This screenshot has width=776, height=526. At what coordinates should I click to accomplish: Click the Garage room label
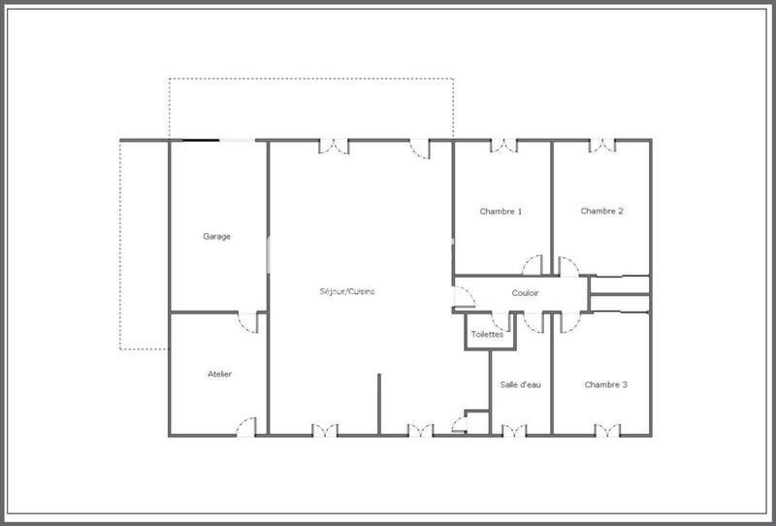coord(216,236)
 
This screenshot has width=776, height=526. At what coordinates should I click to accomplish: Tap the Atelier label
coord(219,374)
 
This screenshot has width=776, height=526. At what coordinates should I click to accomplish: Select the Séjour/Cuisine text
coord(348,291)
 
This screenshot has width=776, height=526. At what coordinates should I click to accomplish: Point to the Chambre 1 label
coord(501,211)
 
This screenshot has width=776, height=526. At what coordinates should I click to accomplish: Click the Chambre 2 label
coord(601,211)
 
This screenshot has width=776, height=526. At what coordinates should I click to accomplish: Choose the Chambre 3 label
coord(605,384)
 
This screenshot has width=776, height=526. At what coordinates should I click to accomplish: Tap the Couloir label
coord(524,292)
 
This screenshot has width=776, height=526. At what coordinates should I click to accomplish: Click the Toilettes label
coord(487,334)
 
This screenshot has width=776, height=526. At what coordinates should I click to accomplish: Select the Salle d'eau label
coord(520,384)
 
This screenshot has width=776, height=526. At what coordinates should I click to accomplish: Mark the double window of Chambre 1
coord(504,146)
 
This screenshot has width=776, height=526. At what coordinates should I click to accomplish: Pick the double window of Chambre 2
coord(602,146)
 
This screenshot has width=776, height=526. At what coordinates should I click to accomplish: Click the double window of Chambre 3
coord(607,429)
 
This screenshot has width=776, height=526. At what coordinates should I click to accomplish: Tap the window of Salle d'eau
coord(514,429)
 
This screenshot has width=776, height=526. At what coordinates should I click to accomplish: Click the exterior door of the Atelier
coord(246,427)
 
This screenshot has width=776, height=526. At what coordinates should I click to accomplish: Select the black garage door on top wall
coord(201,141)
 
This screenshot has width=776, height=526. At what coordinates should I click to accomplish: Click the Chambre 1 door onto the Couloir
coord(533,265)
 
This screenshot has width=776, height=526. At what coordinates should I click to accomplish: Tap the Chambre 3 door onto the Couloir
coord(565,321)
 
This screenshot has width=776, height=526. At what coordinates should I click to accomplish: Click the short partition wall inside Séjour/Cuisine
coord(378,403)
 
